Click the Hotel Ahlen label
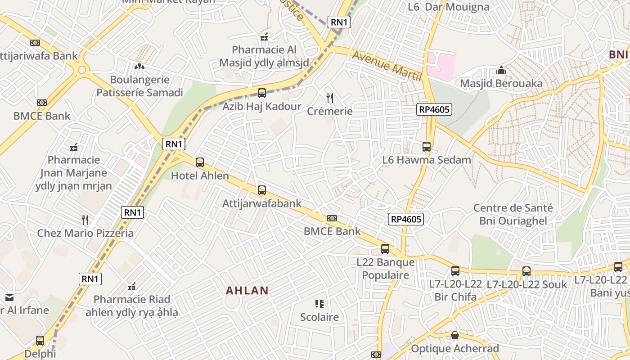click(x=200, y=176)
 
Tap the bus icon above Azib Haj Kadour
click(x=262, y=93)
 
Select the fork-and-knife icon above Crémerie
click(x=330, y=98)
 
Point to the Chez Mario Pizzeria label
click(x=85, y=233)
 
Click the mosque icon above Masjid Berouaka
click(x=501, y=71)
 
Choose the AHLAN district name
click(x=247, y=291)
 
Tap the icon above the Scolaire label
click(x=319, y=304)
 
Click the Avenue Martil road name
click(x=387, y=65)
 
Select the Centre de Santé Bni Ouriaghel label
click(x=513, y=214)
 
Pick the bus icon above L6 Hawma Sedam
click(x=427, y=147)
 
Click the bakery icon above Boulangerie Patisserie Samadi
click(x=139, y=67)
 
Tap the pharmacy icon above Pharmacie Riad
click(x=132, y=287)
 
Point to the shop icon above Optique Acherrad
click(x=455, y=335)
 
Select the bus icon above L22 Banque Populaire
click(x=385, y=249)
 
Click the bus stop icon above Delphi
click(x=40, y=341)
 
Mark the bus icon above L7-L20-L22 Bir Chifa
click(x=455, y=271)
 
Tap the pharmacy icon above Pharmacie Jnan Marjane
click(x=74, y=147)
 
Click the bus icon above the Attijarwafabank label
click(x=262, y=190)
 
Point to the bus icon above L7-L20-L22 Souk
click(x=526, y=271)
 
